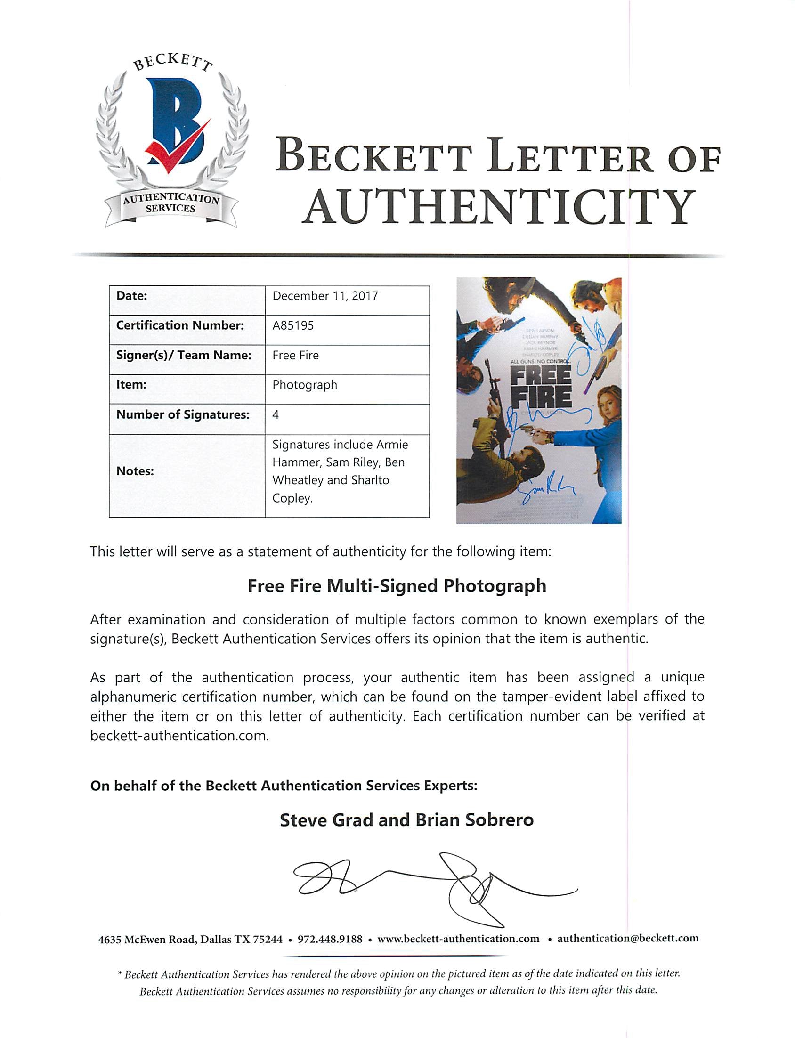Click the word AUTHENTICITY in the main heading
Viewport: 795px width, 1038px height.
coord(499,208)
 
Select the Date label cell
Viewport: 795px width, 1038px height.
coord(131,296)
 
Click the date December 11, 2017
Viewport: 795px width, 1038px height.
coord(325,296)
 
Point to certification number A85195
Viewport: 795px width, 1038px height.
coord(293,325)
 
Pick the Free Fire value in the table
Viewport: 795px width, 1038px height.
coord(295,355)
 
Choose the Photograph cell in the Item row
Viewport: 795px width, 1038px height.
coord(305,385)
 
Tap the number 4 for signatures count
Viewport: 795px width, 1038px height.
coord(276,415)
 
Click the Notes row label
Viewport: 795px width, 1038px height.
coord(135,471)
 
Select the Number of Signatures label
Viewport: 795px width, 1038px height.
coord(183,415)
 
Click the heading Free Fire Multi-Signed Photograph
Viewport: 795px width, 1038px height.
coord(397,586)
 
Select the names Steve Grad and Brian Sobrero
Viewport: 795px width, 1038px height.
coord(406,820)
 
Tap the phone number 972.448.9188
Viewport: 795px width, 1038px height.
coord(330,939)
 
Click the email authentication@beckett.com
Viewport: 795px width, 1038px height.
coord(627,938)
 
